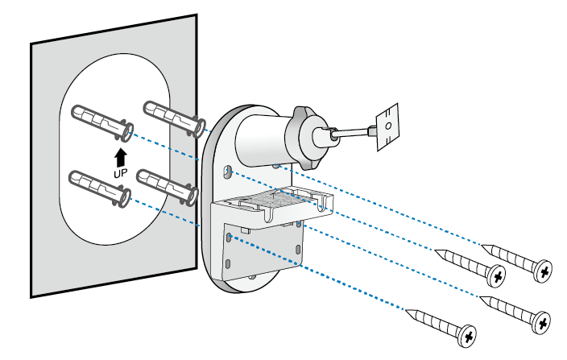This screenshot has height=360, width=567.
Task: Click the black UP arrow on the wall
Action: click(120, 155)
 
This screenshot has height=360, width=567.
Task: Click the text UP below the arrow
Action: click(120, 172)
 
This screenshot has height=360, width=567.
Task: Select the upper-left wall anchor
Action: click(101, 121)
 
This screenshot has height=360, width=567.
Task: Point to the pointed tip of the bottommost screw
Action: click(408, 309)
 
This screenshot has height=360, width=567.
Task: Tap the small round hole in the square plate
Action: click(387, 126)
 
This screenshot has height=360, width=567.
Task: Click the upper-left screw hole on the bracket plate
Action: click(229, 172)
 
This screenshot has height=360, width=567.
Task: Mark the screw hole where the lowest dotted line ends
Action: click(230, 236)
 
